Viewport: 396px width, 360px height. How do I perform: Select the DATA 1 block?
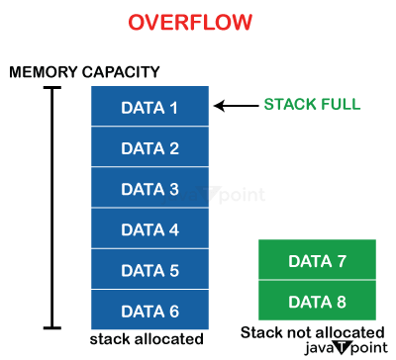[x=149, y=107]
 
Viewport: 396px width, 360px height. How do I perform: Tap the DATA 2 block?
[x=149, y=148]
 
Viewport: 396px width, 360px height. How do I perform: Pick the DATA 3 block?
[x=149, y=189]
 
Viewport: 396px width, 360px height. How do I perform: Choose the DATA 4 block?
[x=149, y=229]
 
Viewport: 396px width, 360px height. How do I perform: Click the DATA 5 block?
[x=149, y=270]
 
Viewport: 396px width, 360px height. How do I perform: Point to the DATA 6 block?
[x=149, y=311]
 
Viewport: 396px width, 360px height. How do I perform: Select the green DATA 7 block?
[x=317, y=261]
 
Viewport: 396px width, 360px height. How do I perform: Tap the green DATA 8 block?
[x=317, y=301]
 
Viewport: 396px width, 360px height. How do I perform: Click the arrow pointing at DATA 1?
[x=235, y=106]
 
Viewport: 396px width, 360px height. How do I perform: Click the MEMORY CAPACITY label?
[x=84, y=72]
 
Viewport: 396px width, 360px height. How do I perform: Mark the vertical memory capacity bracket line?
[x=54, y=208]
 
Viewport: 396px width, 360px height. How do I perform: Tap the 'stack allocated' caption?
[x=147, y=339]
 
